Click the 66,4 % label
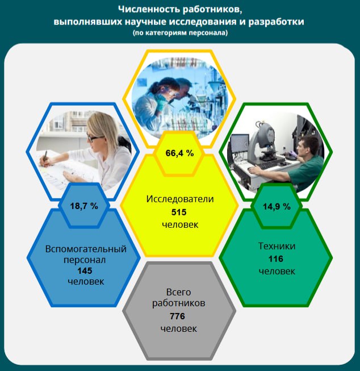(x=179, y=153)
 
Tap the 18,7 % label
(x=84, y=206)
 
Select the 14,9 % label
(x=277, y=207)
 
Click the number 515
(x=179, y=212)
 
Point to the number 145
(x=85, y=270)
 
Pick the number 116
(x=276, y=259)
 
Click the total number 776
(x=177, y=316)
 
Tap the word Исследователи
(x=180, y=199)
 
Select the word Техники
(x=277, y=246)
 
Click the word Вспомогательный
(x=86, y=249)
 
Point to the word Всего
(x=178, y=292)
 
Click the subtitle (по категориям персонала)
(x=180, y=32)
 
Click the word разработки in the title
(x=277, y=22)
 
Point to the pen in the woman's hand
(x=45, y=157)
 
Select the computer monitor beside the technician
(x=240, y=144)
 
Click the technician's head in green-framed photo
(x=307, y=147)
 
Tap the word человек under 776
(x=179, y=328)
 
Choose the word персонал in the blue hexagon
(x=85, y=260)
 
